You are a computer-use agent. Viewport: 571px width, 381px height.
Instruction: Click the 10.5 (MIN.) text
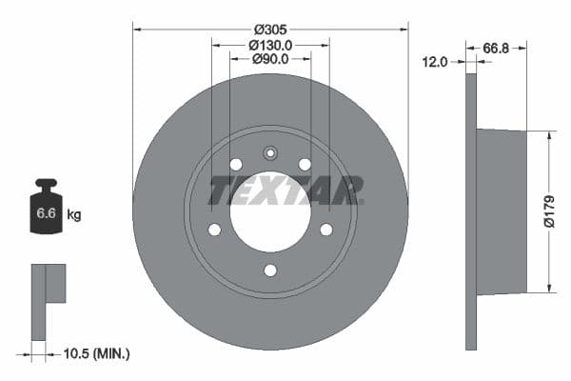click(95, 353)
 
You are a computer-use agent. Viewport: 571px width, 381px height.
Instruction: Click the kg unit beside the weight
click(74, 214)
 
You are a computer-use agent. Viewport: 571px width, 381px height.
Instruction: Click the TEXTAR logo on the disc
click(285, 190)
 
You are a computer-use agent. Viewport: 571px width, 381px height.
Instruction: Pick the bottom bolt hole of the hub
click(270, 271)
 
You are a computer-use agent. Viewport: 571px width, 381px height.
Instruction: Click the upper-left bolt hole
click(235, 165)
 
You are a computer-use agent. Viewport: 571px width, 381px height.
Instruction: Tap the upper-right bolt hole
click(305, 165)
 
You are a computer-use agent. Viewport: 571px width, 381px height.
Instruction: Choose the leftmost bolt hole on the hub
click(214, 230)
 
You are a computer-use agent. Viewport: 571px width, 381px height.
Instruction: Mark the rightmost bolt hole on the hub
click(325, 230)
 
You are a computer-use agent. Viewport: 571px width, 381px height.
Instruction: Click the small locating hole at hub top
click(270, 152)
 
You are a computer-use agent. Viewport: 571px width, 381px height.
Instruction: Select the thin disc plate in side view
click(470, 211)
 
